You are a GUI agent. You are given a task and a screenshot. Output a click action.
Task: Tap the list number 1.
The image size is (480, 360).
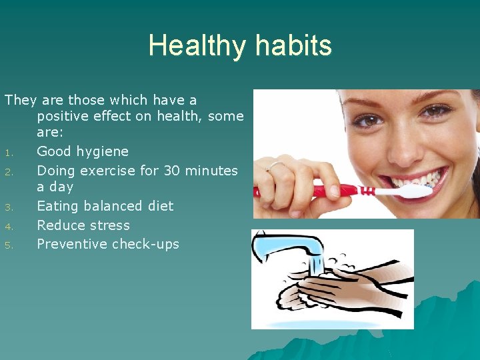9,153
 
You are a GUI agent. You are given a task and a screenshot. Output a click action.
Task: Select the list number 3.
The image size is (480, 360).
9,207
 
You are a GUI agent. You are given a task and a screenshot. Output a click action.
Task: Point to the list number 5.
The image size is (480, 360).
9,245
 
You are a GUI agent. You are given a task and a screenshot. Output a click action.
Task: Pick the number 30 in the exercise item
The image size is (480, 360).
171,171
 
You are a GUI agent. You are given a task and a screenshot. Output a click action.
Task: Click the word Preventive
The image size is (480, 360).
72,244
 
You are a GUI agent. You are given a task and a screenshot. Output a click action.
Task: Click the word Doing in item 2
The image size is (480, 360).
56,171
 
